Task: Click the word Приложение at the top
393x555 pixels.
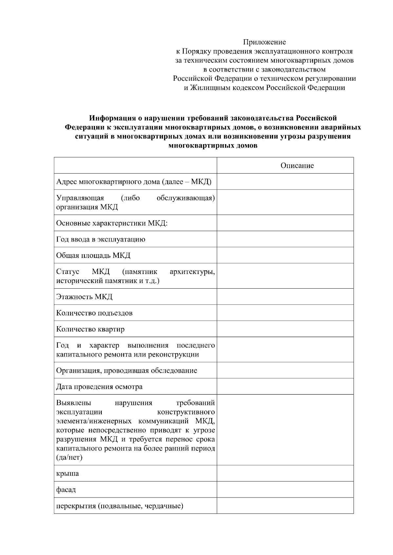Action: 264,42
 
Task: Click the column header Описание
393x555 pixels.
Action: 297,166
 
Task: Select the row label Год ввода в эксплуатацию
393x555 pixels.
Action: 101,239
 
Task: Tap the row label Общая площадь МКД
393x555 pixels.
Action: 93,255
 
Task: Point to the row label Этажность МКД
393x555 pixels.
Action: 84,297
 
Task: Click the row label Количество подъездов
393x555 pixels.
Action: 94,313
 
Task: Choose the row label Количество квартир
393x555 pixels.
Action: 90,329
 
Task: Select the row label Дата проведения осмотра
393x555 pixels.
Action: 99,387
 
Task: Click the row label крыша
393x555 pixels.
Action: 67,474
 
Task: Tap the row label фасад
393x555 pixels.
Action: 66,490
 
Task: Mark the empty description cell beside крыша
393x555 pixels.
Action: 285,473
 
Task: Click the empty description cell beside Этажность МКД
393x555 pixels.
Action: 285,296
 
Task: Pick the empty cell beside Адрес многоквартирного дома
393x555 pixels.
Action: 285,181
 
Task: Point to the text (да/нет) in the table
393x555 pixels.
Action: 69,457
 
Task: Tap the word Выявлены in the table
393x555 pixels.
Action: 74,402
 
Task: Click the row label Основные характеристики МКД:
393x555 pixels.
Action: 112,223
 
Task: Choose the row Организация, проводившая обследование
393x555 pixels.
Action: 127,371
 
